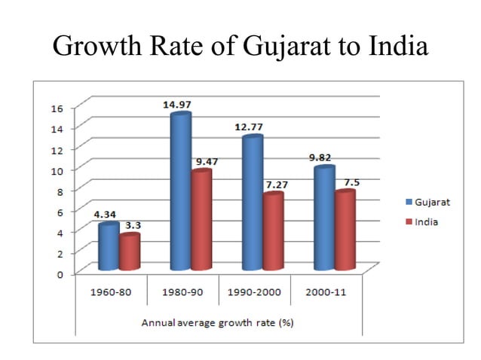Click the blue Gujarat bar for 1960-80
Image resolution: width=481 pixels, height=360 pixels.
coord(109,247)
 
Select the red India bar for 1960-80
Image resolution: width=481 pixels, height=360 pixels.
coord(129,253)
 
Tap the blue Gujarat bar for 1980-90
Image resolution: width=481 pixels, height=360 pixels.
coord(180,192)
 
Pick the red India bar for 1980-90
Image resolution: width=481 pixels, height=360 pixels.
coord(201,220)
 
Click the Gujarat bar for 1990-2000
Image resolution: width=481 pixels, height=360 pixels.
coord(252,203)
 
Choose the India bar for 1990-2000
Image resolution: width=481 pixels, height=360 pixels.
coord(273,231)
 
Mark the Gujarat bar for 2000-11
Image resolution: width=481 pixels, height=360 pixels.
coord(324,218)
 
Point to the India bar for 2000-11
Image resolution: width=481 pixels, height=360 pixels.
coord(345,230)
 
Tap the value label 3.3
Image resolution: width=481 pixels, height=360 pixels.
coord(133,224)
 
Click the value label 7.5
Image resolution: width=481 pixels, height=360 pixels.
coord(351,182)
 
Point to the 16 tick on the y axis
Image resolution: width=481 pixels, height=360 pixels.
coord(58,107)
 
